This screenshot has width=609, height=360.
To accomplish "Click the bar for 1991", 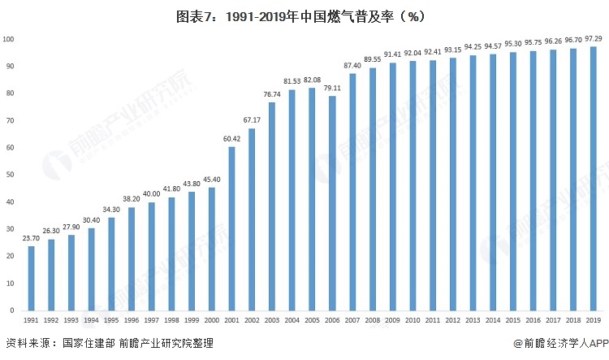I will click(32, 277).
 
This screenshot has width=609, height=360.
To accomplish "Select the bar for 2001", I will click(231, 228).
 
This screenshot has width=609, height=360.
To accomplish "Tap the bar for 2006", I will click(331, 202).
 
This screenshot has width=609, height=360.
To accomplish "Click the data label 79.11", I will click(331, 89).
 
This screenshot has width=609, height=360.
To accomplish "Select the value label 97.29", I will click(593, 39).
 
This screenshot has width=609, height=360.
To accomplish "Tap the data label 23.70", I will click(32, 239).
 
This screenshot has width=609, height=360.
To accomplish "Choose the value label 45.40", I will click(211, 180).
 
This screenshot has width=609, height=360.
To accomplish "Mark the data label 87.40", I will click(352, 66).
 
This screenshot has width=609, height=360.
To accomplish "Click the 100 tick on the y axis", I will click(8, 39).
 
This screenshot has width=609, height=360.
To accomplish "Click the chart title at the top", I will click(304, 15).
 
